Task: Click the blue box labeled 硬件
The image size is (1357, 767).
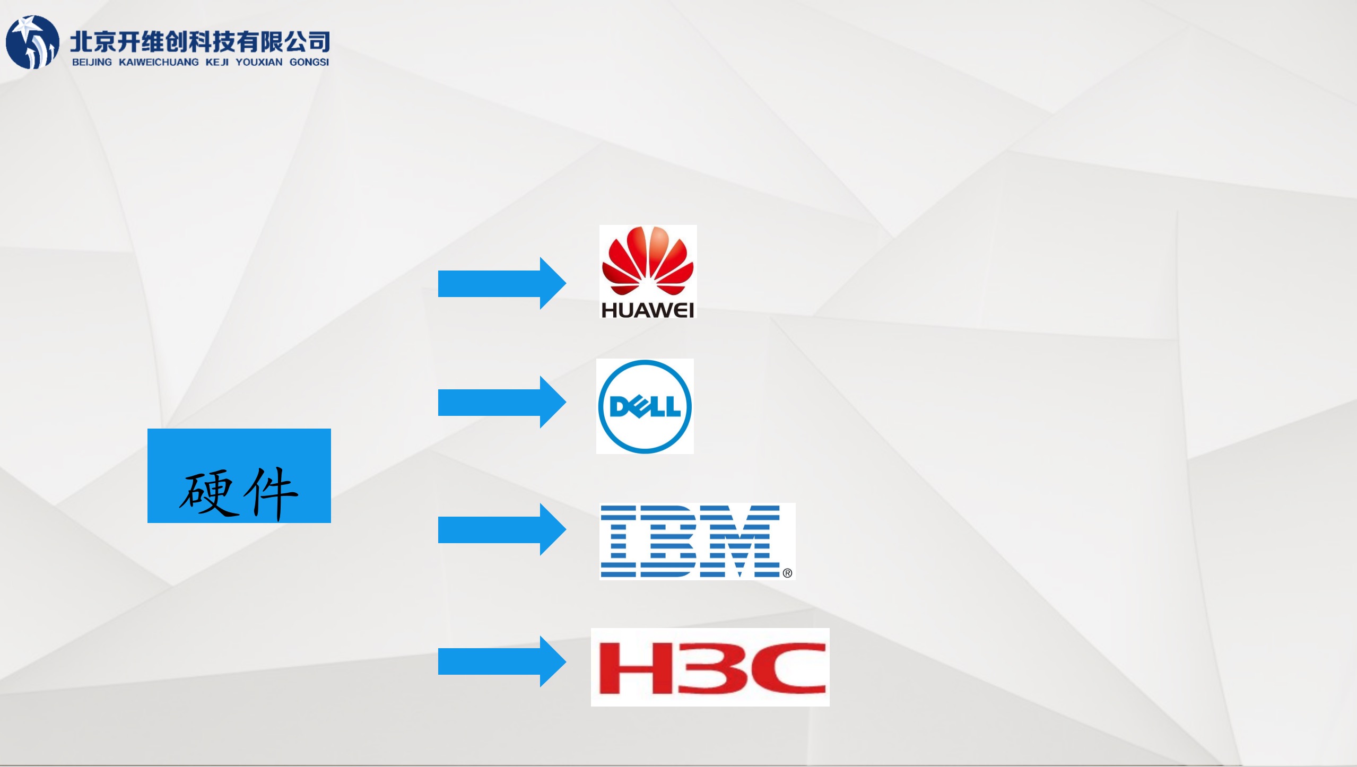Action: [x=239, y=476]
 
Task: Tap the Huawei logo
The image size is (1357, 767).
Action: [x=648, y=272]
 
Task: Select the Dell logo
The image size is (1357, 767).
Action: [x=645, y=406]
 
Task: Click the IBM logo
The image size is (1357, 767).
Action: [x=697, y=541]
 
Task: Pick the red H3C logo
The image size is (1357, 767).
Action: [x=710, y=667]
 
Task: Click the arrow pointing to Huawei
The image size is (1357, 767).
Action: [x=502, y=283]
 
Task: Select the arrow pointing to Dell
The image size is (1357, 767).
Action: [x=502, y=402]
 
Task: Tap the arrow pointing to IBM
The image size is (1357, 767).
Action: [x=502, y=529]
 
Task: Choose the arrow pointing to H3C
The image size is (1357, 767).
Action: [x=502, y=661]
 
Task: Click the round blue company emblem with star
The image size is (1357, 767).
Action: [x=32, y=42]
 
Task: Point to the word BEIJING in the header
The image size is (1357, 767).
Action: [x=92, y=62]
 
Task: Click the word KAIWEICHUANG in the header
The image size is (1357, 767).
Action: [x=159, y=62]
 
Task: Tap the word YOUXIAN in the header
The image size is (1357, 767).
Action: [x=259, y=62]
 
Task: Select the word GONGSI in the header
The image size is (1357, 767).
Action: [x=309, y=62]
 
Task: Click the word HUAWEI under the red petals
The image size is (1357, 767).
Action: [x=648, y=310]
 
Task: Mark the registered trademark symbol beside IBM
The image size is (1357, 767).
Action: [x=787, y=573]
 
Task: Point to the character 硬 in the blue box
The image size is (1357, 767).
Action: [x=207, y=493]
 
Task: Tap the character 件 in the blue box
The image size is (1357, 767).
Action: [x=271, y=493]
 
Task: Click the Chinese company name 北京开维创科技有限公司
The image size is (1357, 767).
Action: [x=200, y=41]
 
